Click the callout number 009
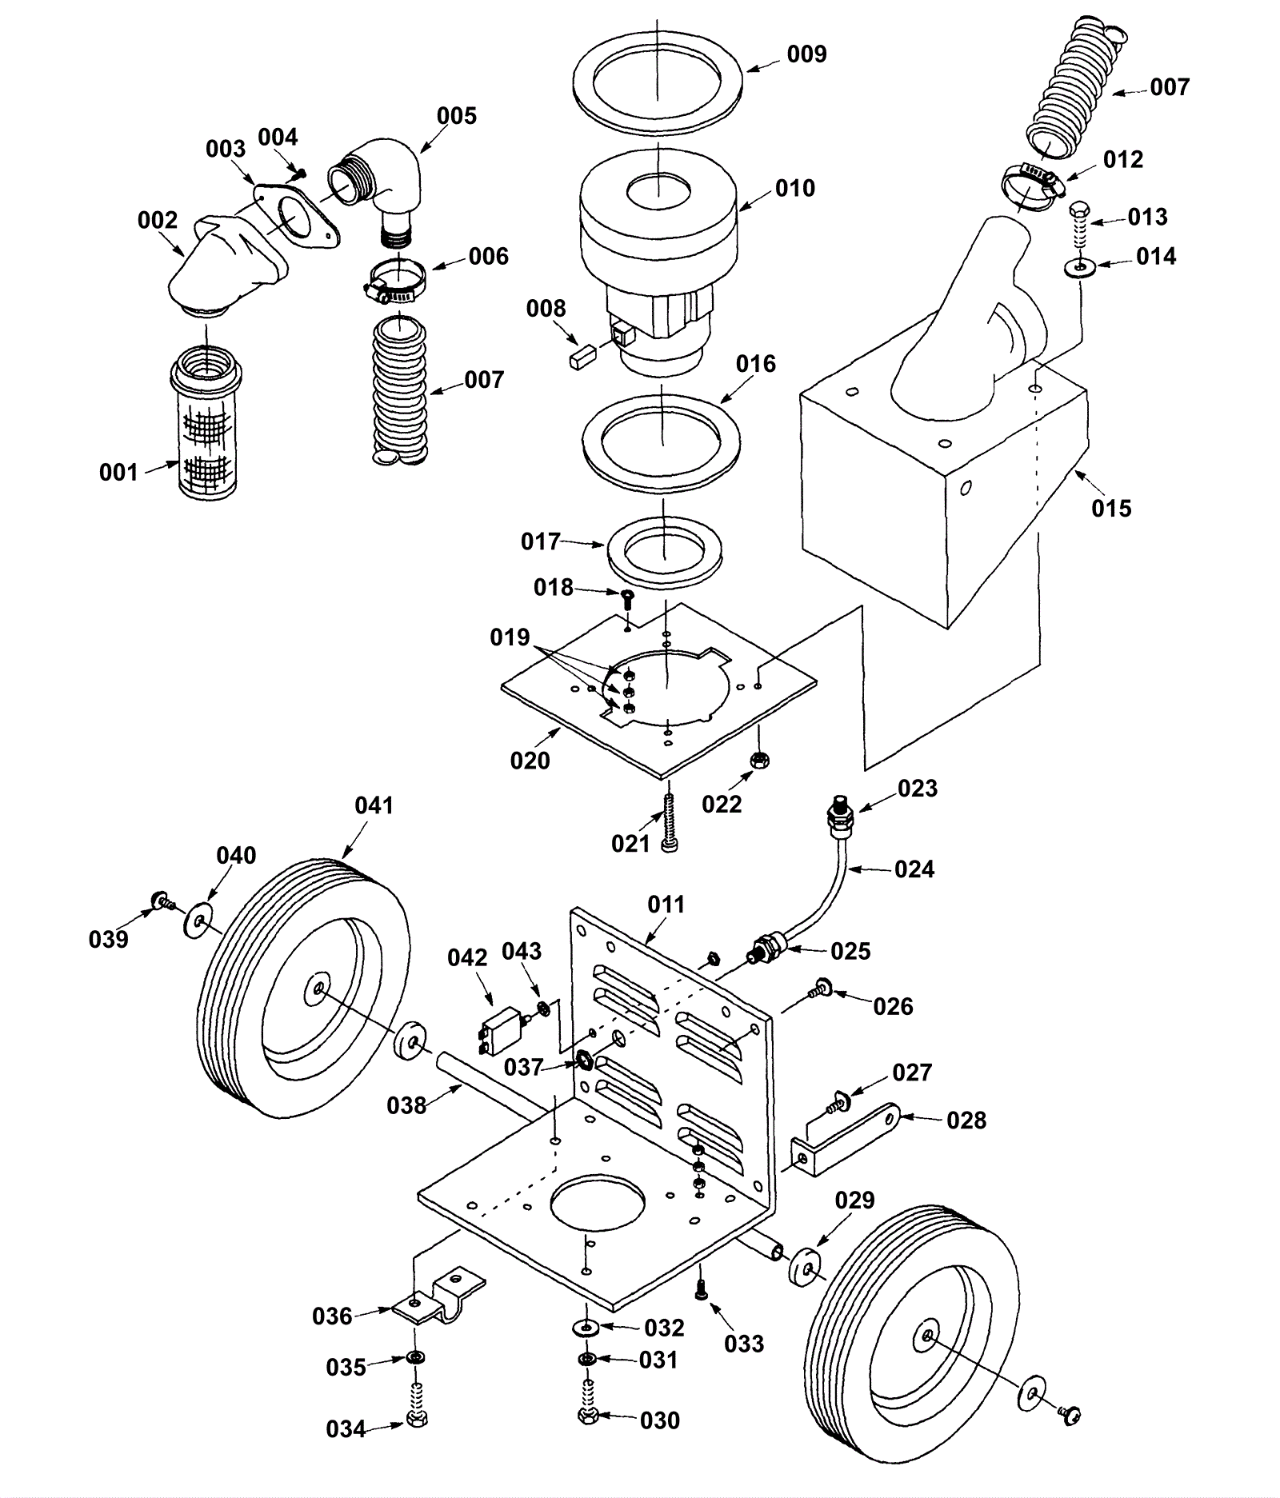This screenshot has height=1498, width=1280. [806, 54]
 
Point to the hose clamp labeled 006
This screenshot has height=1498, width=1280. [396, 279]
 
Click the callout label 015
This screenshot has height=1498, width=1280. [1111, 509]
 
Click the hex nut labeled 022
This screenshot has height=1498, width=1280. [760, 760]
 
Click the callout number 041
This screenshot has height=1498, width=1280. [374, 805]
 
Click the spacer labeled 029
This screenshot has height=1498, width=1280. [806, 1264]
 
